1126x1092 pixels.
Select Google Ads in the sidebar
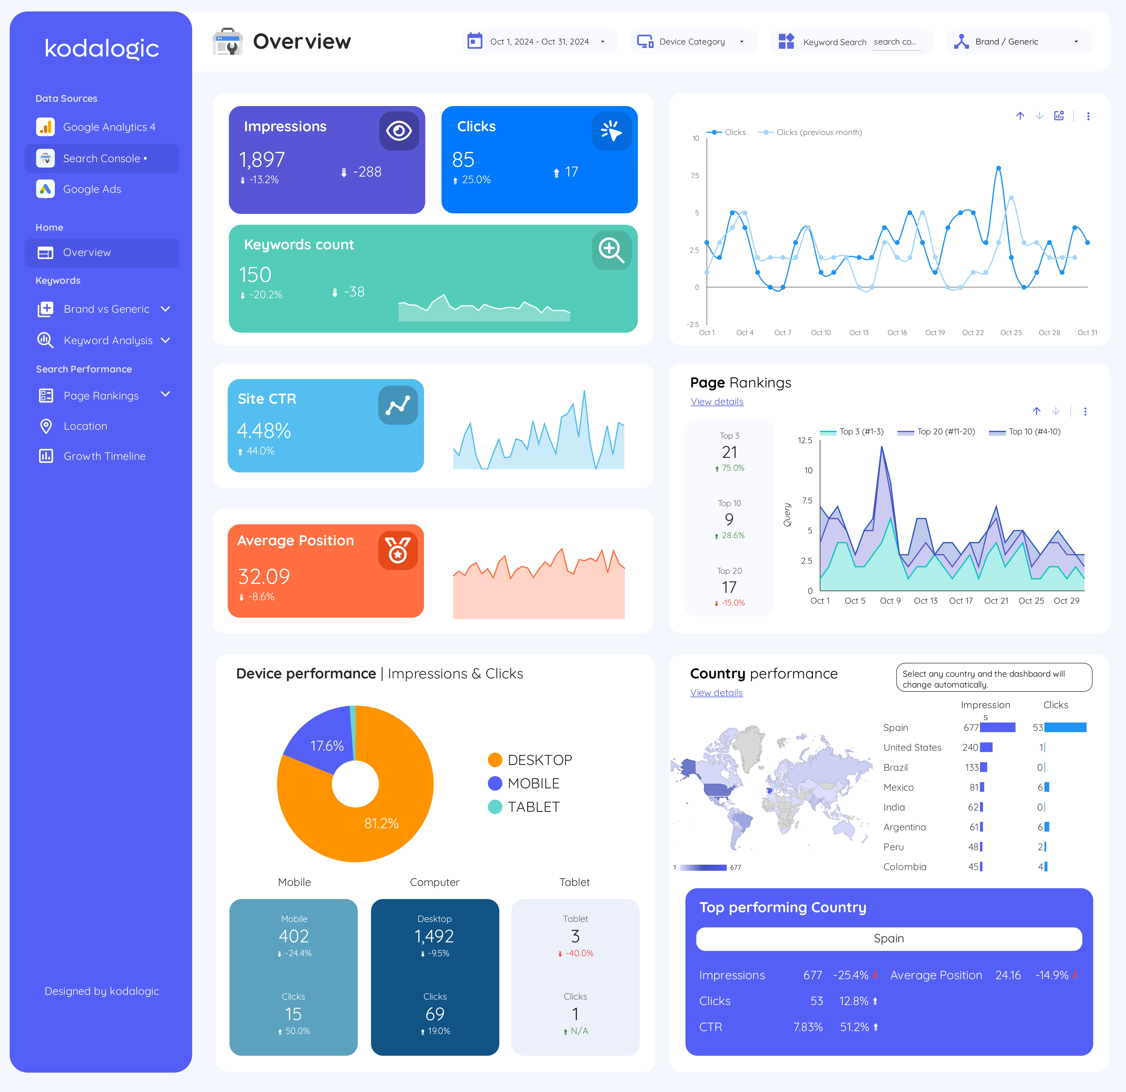(92, 189)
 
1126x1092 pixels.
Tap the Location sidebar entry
(85, 426)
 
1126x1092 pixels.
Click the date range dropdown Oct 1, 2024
(539, 41)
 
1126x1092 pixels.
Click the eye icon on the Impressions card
(399, 131)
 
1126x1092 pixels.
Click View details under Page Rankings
(716, 402)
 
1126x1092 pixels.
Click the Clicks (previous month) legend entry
(818, 132)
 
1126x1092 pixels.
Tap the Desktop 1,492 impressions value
(434, 936)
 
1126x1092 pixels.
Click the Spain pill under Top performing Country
(888, 939)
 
